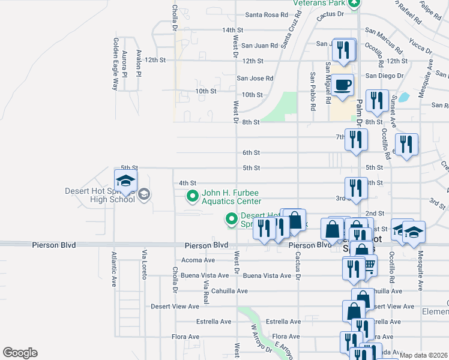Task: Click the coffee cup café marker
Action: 343,85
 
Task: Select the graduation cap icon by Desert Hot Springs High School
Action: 126,181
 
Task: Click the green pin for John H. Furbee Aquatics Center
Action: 192,196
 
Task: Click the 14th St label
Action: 232,30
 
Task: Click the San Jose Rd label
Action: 255,78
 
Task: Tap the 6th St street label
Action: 251,153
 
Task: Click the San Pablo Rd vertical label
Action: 313,92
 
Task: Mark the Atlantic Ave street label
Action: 113,269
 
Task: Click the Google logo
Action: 20,353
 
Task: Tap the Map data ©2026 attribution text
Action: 423,355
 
